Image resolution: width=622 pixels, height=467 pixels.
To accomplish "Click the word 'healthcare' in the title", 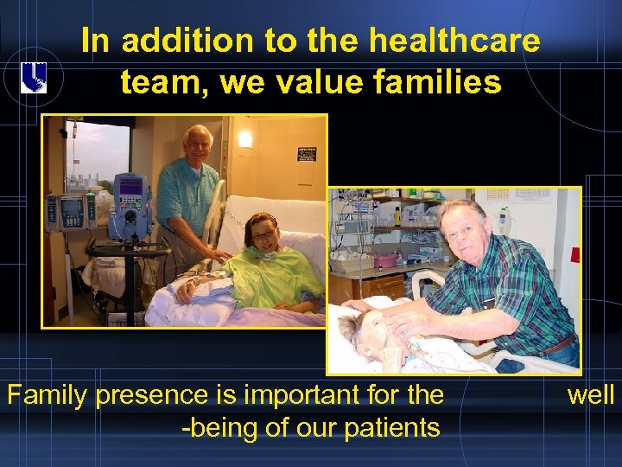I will tap(454, 41).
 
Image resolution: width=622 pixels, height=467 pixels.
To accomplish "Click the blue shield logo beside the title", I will tap(34, 78).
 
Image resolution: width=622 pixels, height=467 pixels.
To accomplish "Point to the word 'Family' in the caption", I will tap(48, 395).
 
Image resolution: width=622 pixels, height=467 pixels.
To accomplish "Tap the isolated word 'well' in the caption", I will tap(591, 395).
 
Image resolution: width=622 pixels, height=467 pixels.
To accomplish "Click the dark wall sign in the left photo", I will tap(306, 153).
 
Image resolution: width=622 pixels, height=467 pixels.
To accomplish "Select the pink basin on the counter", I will tap(385, 260).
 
